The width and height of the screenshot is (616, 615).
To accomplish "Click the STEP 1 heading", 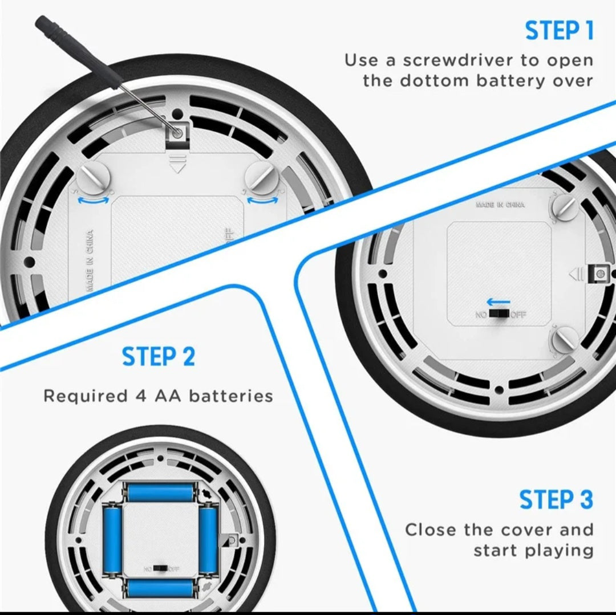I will click(559, 31).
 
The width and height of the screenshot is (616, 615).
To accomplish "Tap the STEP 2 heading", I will click(158, 357).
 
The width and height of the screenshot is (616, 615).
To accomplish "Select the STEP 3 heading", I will click(556, 500).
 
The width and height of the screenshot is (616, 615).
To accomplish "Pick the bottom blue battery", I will click(160, 588).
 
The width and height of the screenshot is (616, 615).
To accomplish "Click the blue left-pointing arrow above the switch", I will click(499, 302).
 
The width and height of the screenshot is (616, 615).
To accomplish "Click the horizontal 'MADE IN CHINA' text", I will click(500, 204).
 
